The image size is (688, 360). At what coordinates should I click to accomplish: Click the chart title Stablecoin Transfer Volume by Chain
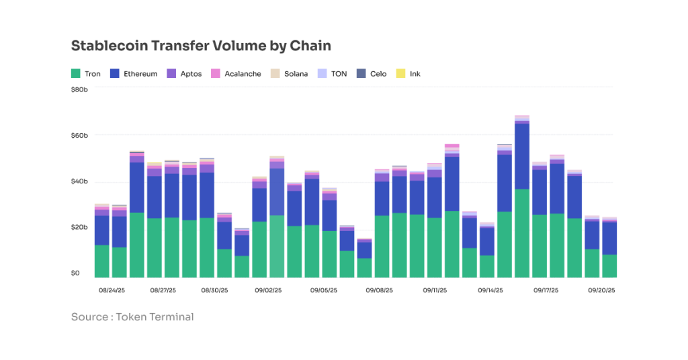[x=201, y=46]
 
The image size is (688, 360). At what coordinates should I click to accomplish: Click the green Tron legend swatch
[x=76, y=73]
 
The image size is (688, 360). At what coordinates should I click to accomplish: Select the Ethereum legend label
[x=140, y=74]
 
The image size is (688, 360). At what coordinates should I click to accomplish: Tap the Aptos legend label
[x=191, y=74]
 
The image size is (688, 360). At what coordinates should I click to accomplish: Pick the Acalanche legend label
[x=243, y=74]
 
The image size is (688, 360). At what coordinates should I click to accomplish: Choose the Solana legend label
[x=296, y=74]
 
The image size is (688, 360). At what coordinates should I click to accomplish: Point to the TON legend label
[x=339, y=74]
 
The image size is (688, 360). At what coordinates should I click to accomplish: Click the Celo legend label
[x=378, y=74]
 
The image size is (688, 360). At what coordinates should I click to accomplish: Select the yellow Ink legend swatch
[x=400, y=73]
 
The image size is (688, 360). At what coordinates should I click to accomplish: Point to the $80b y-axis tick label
[x=79, y=89]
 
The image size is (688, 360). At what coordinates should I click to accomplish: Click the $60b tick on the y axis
[x=79, y=136]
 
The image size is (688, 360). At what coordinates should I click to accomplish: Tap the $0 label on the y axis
[x=75, y=273]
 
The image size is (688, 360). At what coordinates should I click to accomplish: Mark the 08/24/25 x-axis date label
[x=111, y=291]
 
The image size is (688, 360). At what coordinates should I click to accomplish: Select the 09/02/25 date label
[x=268, y=291]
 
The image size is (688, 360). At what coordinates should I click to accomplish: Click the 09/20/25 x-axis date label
[x=602, y=291]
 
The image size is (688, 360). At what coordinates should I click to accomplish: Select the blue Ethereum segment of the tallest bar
[x=522, y=156]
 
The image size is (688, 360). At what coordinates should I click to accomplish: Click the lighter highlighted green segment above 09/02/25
[x=277, y=246]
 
